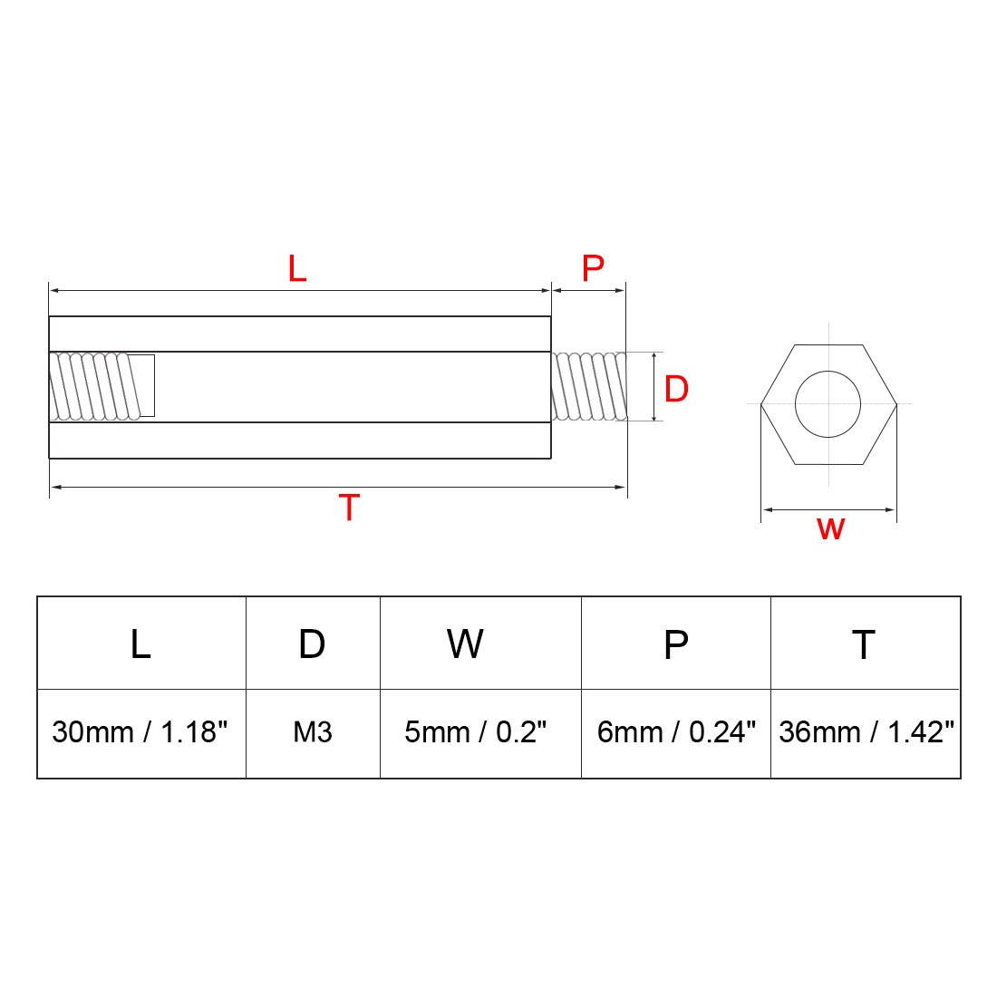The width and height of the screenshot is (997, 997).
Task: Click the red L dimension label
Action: [x=297, y=268]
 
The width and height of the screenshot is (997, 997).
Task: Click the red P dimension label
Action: [x=592, y=268]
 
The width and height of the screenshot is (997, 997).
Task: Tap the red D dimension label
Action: [x=676, y=389]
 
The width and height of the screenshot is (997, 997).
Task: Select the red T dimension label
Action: [x=349, y=508]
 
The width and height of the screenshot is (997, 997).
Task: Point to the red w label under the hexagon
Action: [x=830, y=528]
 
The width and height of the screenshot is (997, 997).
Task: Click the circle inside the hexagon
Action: [x=828, y=403]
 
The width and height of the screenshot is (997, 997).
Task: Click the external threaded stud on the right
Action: [x=588, y=386]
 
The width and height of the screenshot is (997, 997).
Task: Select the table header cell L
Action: [x=140, y=644]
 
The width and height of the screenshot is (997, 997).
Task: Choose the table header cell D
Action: [x=312, y=644]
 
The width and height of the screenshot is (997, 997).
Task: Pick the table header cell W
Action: [x=464, y=644]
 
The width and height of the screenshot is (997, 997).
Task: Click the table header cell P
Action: [x=675, y=644]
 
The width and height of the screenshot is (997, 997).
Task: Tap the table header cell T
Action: [x=864, y=644]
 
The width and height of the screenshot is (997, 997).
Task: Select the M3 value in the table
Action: [x=312, y=732]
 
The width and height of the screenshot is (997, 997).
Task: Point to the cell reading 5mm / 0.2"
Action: [x=476, y=732]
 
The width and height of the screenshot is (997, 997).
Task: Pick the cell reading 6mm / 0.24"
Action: [x=676, y=732]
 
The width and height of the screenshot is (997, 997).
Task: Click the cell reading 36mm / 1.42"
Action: [x=866, y=732]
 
